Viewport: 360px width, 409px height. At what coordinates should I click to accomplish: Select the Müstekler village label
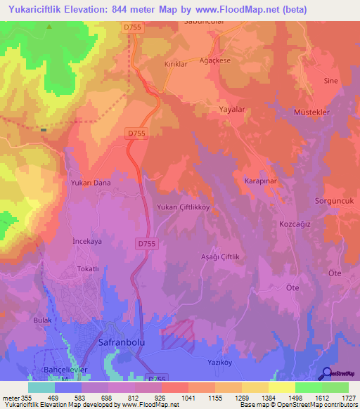pyautogui.click(x=311, y=112)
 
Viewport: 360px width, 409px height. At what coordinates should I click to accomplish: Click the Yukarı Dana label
pyautogui.click(x=91, y=183)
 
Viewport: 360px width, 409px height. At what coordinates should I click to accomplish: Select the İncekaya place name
pyautogui.click(x=88, y=240)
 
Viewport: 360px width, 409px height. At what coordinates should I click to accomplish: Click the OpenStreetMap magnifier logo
pyautogui.click(x=327, y=374)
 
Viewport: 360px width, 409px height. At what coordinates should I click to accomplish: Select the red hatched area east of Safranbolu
pyautogui.click(x=179, y=332)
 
